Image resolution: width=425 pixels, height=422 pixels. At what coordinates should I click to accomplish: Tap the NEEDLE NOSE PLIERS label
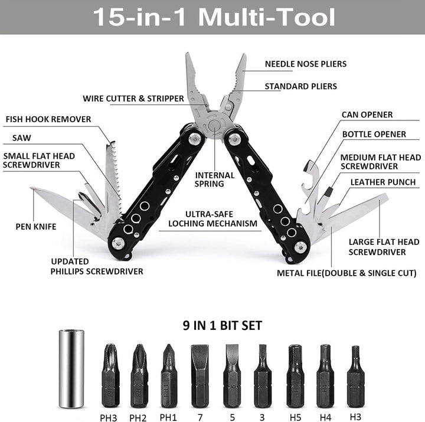pos(305,64)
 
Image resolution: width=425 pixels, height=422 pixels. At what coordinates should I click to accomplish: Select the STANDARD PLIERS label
pos(300,86)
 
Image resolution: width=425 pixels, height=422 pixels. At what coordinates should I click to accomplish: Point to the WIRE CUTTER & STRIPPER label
pos(133,99)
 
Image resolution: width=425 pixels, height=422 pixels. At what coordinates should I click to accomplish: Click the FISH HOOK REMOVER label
pos(48,119)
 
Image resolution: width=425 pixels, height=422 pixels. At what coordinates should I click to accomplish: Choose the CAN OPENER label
pos(367,115)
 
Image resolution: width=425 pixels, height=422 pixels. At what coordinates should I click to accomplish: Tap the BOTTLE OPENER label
pos(374,134)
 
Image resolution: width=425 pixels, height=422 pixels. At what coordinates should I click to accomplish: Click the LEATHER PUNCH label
pos(383,182)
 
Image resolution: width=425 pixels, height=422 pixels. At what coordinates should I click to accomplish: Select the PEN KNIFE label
pos(36,226)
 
